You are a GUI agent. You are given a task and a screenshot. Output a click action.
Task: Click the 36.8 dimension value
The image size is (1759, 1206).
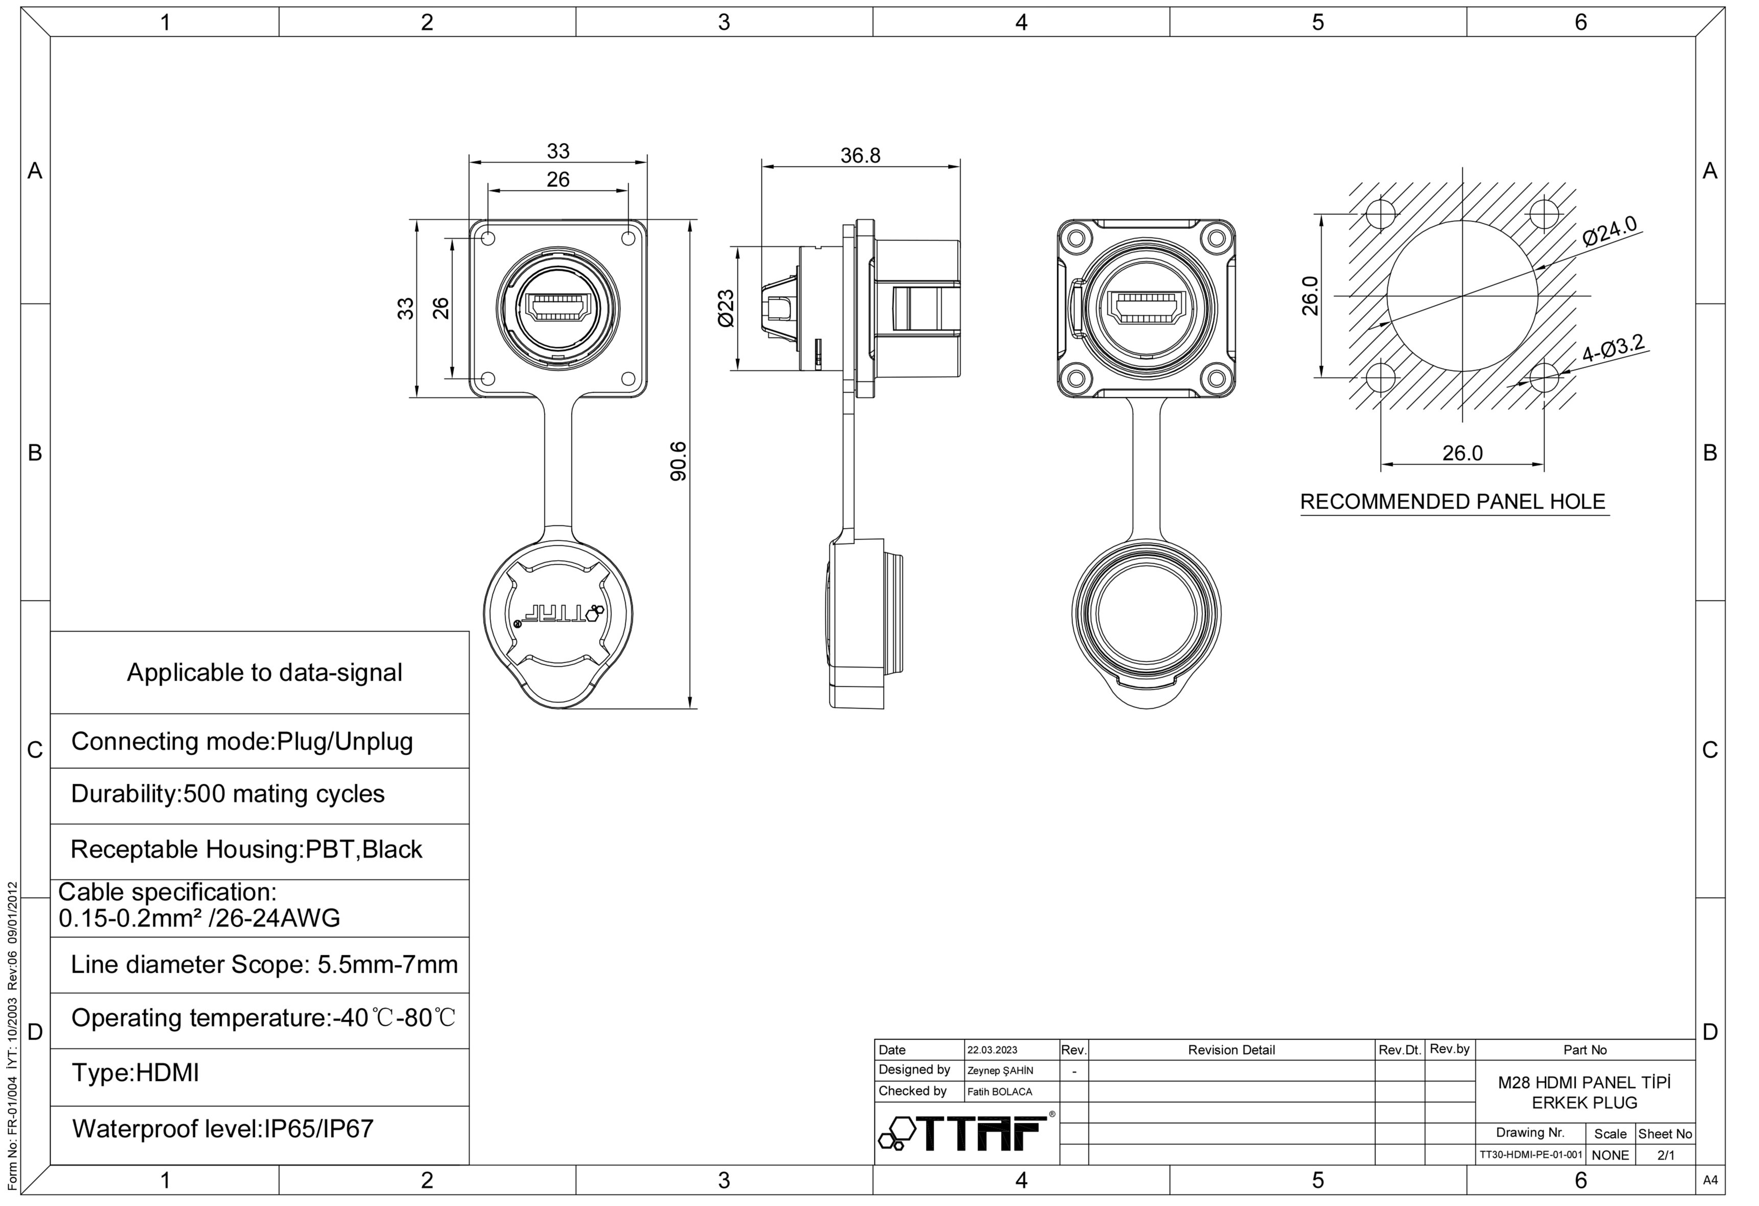pyautogui.click(x=861, y=155)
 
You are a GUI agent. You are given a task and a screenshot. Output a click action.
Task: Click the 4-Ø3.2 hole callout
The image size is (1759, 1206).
pyautogui.click(x=1613, y=348)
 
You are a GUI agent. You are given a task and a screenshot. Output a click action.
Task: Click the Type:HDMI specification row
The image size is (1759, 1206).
pyautogui.click(x=135, y=1073)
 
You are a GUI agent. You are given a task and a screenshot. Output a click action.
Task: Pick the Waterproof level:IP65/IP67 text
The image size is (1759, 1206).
pyautogui.click(x=223, y=1129)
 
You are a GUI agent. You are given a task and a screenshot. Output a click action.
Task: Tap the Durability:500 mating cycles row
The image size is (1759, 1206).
pyautogui.click(x=228, y=793)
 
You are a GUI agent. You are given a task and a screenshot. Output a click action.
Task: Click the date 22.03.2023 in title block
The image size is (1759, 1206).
pyautogui.click(x=992, y=1050)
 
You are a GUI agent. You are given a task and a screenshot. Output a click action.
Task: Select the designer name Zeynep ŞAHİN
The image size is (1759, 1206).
pyautogui.click(x=1000, y=1071)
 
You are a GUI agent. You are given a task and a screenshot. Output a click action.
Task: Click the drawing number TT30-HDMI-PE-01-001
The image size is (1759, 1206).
pyautogui.click(x=1530, y=1155)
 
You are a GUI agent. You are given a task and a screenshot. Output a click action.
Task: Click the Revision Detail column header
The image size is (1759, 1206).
pyautogui.click(x=1231, y=1050)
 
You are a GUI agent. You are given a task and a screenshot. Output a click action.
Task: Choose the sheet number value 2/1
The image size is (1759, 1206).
pyautogui.click(x=1666, y=1155)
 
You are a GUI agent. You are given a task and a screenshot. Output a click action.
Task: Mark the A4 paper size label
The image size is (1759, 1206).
pyautogui.click(x=1710, y=1180)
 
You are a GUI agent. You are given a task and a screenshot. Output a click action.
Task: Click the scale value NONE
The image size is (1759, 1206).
pyautogui.click(x=1611, y=1155)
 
